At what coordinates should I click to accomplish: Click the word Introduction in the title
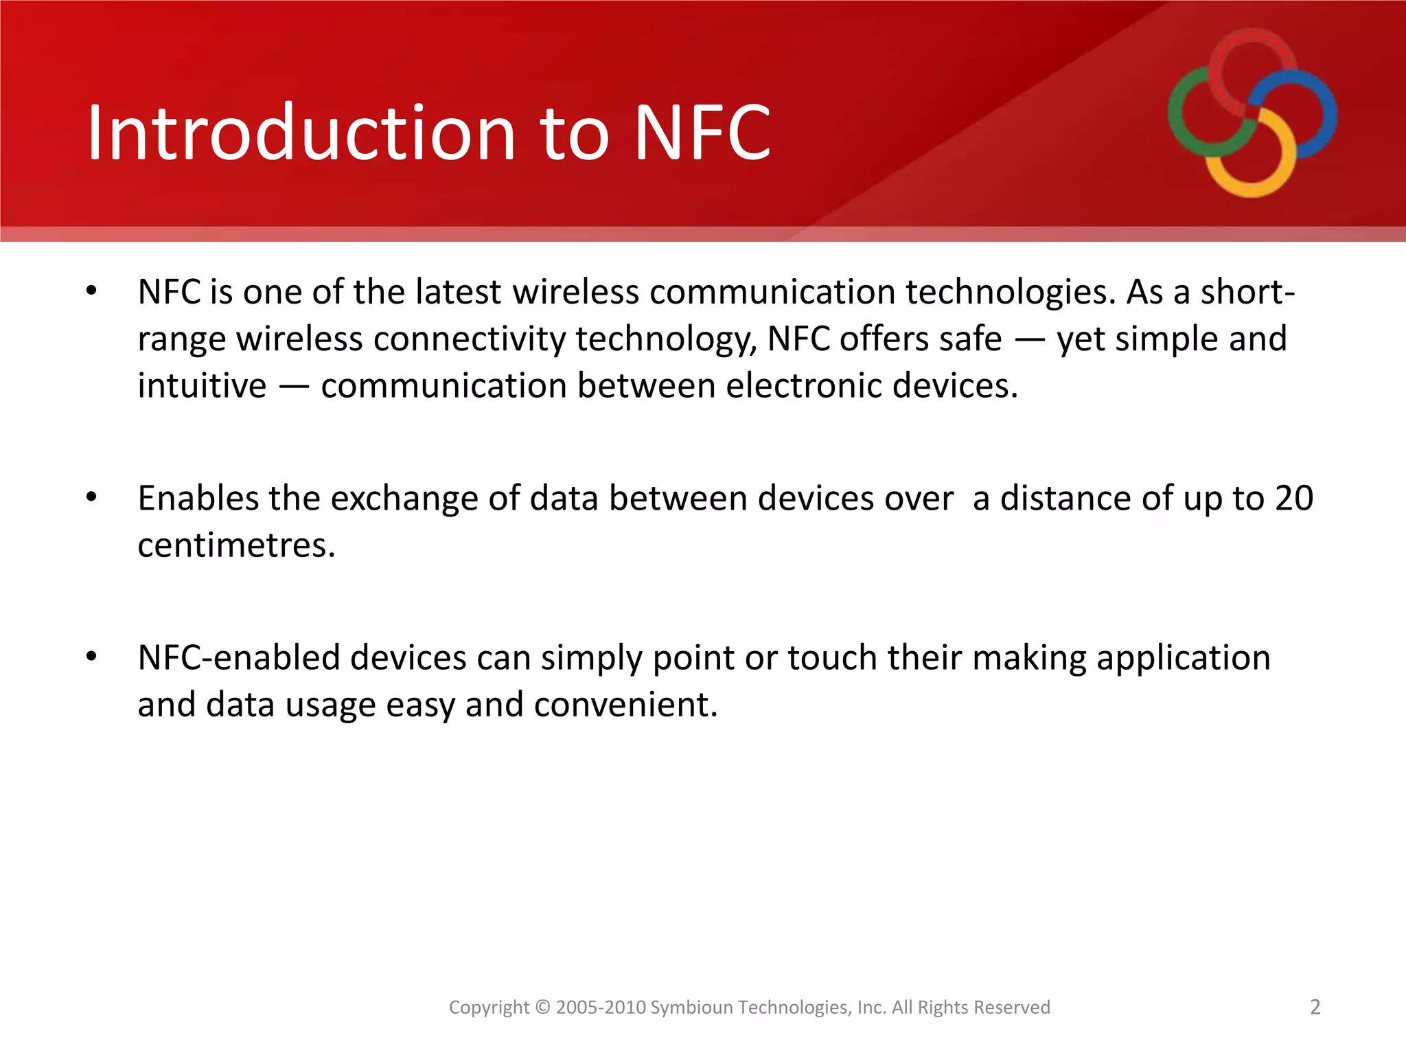[301, 133]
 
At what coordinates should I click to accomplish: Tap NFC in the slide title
[702, 133]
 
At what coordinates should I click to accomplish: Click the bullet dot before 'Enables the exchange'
[91, 497]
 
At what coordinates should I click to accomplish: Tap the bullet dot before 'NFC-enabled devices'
[91, 656]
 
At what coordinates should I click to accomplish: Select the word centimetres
[235, 545]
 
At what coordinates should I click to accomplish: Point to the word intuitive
[201, 385]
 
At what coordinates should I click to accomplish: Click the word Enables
[198, 499]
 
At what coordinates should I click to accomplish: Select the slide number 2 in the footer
[1315, 1007]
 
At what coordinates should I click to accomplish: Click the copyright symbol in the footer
[542, 1008]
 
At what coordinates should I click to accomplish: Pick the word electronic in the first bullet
[803, 385]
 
